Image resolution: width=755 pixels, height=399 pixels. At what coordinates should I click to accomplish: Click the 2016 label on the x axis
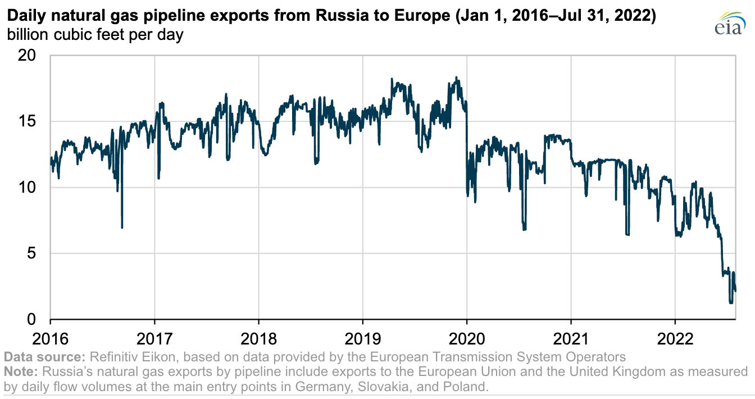tap(50, 339)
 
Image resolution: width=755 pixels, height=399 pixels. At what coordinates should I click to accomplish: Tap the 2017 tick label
tap(154, 339)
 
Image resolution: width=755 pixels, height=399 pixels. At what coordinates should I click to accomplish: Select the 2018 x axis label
tap(258, 339)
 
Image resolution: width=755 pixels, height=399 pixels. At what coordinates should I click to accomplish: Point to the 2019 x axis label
tap(362, 339)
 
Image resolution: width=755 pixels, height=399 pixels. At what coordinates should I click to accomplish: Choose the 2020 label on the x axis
tap(466, 339)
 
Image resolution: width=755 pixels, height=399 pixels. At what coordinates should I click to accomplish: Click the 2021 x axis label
tap(571, 339)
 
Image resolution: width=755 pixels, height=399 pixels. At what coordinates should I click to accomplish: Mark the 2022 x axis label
tap(675, 339)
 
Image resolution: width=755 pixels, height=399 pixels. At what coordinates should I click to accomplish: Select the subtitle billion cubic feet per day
tap(95, 35)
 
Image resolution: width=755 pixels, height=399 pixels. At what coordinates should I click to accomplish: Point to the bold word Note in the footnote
tap(18, 371)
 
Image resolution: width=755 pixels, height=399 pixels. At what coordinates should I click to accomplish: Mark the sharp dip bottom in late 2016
tap(122, 227)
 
